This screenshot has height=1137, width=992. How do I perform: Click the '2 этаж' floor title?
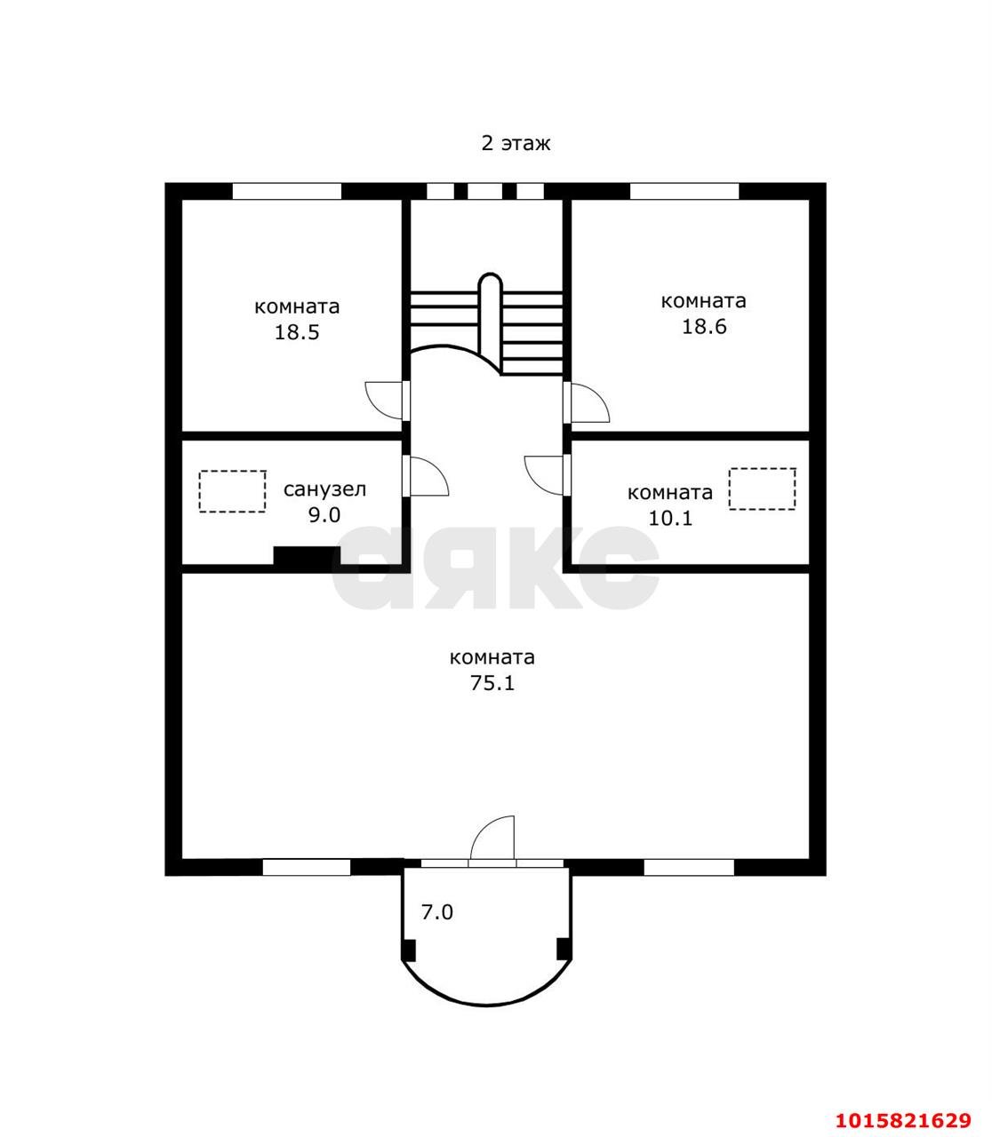(516, 143)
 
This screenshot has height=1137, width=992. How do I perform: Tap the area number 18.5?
(297, 332)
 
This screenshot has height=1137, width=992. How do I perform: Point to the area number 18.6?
(704, 326)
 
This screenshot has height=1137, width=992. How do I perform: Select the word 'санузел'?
(324, 489)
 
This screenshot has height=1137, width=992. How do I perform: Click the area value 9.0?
(324, 515)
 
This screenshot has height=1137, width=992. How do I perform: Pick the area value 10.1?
(670, 519)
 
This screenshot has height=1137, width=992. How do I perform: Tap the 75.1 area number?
(492, 683)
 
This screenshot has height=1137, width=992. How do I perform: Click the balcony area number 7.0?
(437, 866)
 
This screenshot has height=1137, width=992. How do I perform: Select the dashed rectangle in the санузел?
(232, 491)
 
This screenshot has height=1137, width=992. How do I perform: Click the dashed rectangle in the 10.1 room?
(763, 489)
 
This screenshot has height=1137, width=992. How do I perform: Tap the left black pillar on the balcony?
(409, 950)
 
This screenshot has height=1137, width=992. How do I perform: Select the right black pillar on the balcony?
(564, 950)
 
